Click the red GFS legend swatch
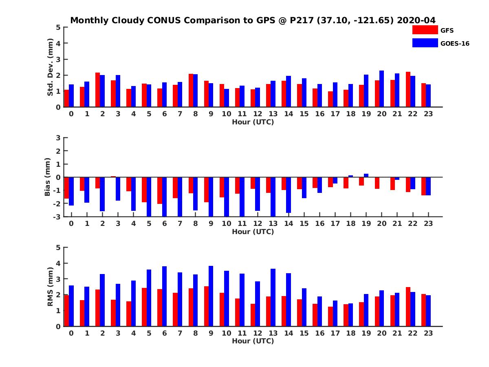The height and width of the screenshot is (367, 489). point(425,30)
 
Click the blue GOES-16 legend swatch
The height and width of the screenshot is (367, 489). point(425,43)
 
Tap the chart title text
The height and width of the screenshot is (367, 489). point(253,20)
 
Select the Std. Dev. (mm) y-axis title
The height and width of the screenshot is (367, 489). point(51,67)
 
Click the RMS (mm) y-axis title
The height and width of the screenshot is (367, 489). point(51,287)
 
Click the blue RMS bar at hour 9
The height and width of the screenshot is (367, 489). point(211,296)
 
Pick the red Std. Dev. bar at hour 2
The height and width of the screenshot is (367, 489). point(97,90)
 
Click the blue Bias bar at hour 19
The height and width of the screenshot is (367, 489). point(366,175)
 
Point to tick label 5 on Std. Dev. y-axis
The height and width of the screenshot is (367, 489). point(59,27)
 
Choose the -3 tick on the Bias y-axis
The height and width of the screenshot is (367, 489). point(57,217)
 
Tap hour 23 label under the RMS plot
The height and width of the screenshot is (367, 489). point(428,333)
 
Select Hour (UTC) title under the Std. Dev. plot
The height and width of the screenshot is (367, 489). point(253,122)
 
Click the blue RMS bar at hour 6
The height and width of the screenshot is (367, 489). point(164,296)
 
